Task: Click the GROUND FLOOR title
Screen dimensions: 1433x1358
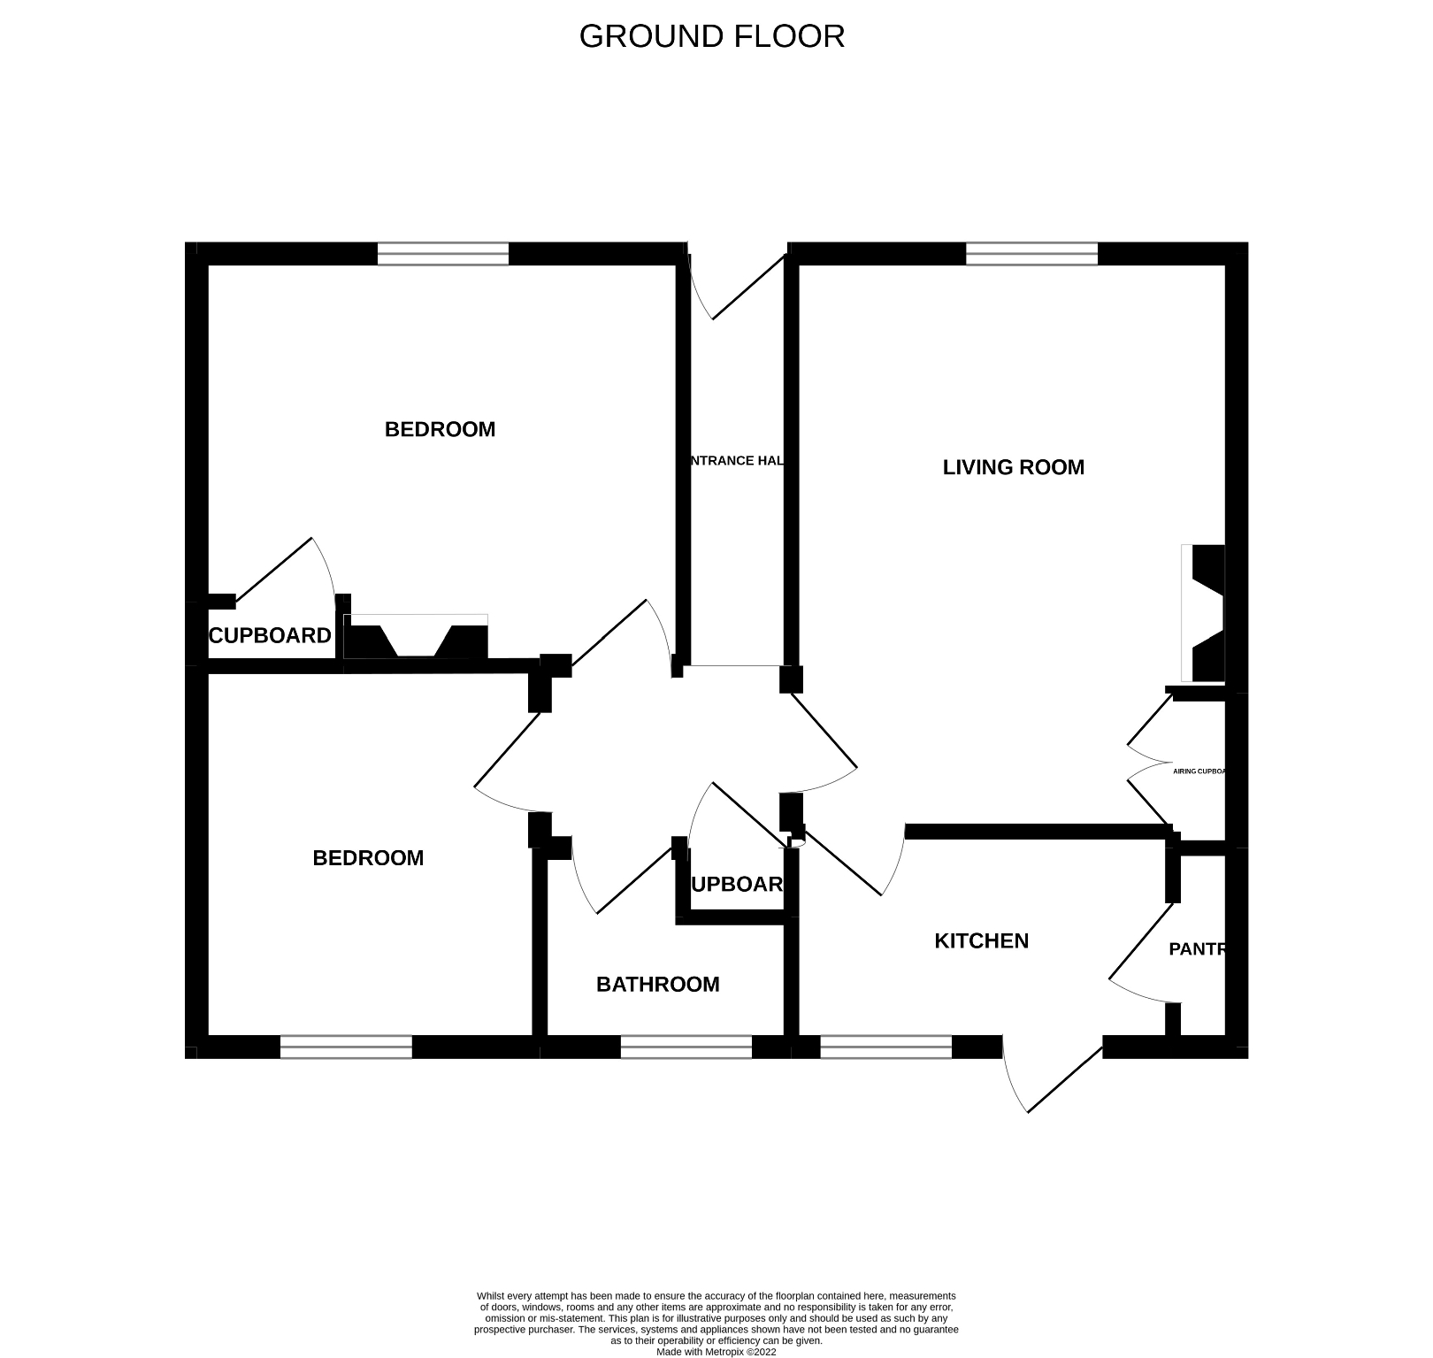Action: click(x=711, y=36)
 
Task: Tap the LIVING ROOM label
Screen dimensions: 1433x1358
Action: click(x=1013, y=467)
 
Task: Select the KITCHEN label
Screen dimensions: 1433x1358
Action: click(x=981, y=940)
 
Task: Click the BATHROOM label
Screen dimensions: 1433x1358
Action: click(x=657, y=984)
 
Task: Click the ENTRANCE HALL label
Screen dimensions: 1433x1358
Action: click(x=736, y=460)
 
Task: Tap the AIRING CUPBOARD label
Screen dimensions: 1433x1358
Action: click(x=1199, y=771)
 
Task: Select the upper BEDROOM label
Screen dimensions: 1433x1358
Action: click(x=440, y=429)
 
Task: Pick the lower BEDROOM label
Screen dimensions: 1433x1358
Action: click(x=368, y=857)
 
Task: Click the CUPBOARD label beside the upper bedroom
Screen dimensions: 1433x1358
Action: click(x=270, y=635)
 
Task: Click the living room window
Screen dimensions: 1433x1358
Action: click(x=1031, y=254)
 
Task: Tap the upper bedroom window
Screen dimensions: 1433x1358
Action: click(x=443, y=254)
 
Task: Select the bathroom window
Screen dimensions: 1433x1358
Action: click(x=686, y=1047)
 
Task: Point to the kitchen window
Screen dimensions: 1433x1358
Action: click(x=885, y=1047)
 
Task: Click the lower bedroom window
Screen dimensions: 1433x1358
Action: click(x=346, y=1047)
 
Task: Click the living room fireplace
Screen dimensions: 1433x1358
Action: click(x=1204, y=612)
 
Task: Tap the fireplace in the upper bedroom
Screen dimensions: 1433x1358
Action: click(x=416, y=637)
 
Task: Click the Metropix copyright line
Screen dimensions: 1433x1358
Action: click(x=716, y=1352)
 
